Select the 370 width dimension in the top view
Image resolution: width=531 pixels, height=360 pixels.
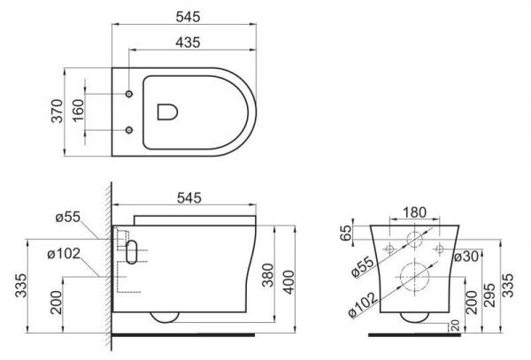pos(56,111)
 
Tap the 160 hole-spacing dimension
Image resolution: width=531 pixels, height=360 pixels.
pos(77,112)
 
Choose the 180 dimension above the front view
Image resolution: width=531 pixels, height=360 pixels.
pos(413,212)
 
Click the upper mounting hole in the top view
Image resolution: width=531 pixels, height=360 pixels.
pos(129,93)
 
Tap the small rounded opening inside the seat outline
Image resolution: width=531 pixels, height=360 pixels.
pos(165,111)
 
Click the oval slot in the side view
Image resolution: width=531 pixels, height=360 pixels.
pos(133,252)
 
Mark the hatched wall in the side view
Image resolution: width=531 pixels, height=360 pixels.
pos(106,265)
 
